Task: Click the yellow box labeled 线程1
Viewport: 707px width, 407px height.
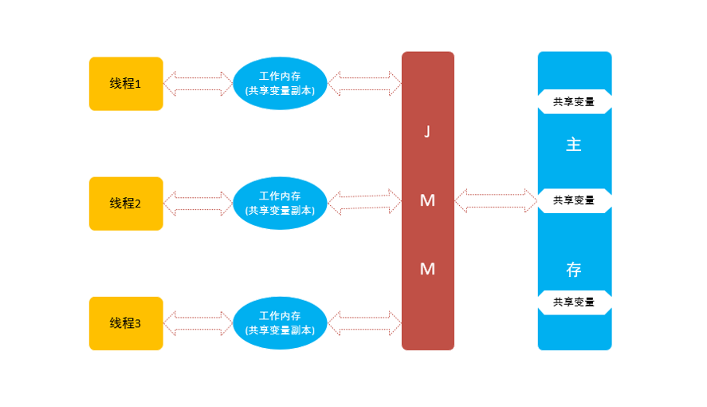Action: tap(126, 84)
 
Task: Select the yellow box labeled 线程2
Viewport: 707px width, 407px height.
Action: tap(126, 203)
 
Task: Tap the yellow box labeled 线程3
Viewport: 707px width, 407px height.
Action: tap(126, 323)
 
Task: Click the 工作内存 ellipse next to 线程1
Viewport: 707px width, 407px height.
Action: tap(280, 84)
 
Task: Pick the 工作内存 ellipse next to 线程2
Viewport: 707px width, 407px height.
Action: tap(280, 203)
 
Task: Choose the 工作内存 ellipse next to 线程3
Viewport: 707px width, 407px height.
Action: tap(280, 323)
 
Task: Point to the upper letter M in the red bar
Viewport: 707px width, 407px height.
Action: tap(427, 201)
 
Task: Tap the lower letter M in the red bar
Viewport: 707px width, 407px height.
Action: tap(427, 270)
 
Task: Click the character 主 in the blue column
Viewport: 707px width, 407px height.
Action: tap(574, 145)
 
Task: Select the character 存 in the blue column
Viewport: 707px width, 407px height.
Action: tap(574, 270)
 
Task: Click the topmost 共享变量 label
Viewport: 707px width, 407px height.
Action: tap(574, 102)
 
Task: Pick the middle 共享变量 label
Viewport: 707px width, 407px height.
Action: tap(574, 200)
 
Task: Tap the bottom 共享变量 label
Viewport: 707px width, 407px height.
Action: tap(574, 302)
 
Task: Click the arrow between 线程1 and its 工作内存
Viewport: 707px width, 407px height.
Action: tap(198, 83)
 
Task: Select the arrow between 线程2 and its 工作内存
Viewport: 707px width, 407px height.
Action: tap(198, 203)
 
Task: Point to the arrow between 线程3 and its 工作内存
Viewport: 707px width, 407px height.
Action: tap(198, 323)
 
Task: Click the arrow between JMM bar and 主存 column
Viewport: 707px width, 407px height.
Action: tap(496, 200)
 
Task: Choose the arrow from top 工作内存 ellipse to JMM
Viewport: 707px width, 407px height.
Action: tap(364, 83)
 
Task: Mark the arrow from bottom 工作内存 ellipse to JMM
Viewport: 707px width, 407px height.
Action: tap(364, 323)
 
